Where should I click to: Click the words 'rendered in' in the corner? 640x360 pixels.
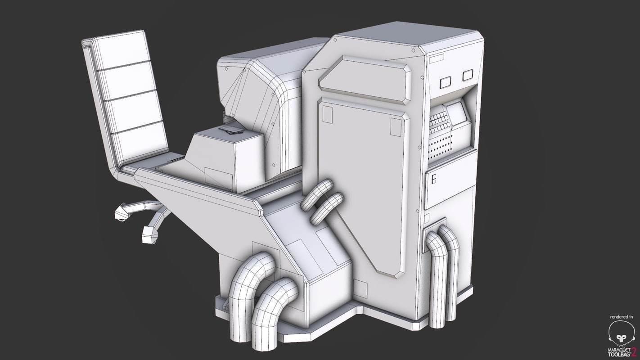point(622,317)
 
